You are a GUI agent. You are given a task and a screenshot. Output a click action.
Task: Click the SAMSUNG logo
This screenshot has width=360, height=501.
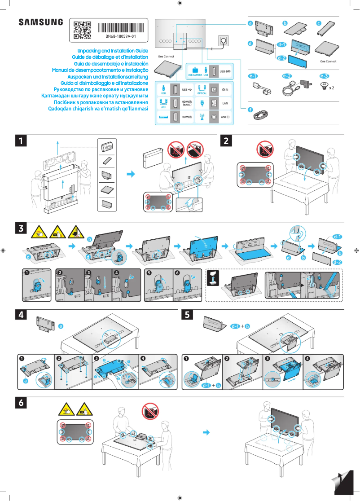[x=40, y=22]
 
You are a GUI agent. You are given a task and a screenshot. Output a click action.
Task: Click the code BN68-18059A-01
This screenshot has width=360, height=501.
[x=120, y=35]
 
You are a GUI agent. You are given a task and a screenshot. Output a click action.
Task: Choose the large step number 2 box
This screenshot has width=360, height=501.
[x=227, y=141]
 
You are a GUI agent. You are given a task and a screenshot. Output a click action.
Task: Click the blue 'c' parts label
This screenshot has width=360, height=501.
[x=319, y=23]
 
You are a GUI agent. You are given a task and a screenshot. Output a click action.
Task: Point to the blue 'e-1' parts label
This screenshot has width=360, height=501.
[x=255, y=76]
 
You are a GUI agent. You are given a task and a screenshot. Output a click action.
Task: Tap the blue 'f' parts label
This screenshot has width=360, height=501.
[x=250, y=110]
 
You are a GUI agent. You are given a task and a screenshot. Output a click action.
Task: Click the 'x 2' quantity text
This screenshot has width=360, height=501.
[x=331, y=88]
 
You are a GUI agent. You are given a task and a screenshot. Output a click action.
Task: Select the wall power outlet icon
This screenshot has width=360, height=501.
[x=223, y=40]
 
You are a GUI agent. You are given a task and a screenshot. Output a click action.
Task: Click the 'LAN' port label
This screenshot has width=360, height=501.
[x=225, y=103]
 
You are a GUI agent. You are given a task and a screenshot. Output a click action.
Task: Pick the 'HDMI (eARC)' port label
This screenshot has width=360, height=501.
[x=187, y=103]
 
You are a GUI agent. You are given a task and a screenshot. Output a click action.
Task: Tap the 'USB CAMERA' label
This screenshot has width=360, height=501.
[x=194, y=75]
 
